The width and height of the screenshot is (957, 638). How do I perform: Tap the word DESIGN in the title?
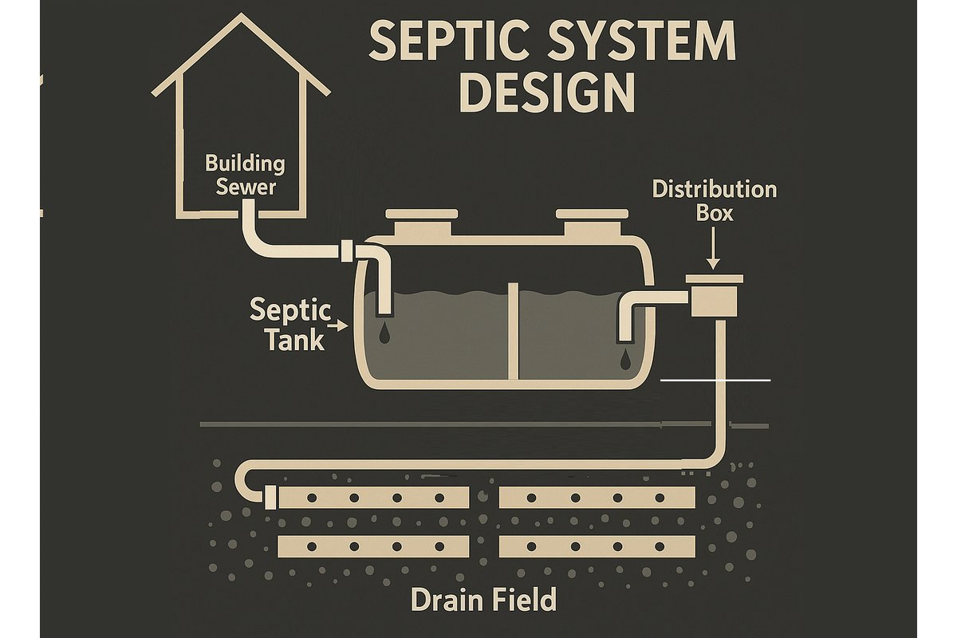coord(547,93)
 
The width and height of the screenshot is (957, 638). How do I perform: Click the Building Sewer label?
coord(245,175)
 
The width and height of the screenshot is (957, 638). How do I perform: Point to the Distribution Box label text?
coord(715,201)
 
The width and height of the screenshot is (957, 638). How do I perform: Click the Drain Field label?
coord(483,599)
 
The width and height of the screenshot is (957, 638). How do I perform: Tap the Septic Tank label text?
coord(290,325)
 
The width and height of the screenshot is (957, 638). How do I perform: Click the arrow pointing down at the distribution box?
coord(713,248)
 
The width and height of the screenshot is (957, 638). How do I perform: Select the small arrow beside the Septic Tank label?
coord(338,326)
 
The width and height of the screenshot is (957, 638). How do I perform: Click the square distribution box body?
coord(715,301)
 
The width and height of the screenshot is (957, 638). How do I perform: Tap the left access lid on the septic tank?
coord(422,222)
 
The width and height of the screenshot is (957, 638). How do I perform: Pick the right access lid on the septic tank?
coord(592,222)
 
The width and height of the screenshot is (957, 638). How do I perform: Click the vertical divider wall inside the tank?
coord(513,331)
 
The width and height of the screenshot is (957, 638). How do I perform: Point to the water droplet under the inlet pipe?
coord(384,333)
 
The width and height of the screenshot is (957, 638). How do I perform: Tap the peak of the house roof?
coord(242,14)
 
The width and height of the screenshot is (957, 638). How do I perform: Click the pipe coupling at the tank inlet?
coord(346,251)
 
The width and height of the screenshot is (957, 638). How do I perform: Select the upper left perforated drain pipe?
coord(374,498)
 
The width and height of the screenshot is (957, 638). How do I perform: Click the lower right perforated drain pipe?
coord(597,546)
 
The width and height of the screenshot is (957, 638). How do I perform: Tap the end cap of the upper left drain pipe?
coord(270,498)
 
